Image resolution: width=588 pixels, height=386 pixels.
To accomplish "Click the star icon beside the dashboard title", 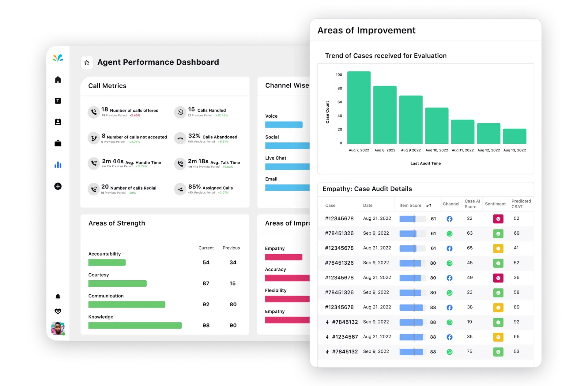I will coord(87,62).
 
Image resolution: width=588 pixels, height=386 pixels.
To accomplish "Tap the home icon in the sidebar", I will coord(58,80).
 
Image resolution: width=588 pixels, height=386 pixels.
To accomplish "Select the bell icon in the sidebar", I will coord(58,297).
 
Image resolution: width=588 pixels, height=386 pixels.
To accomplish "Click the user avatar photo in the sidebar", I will coord(58,328).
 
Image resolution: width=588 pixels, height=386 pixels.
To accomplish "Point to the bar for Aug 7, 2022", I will coord(359,108).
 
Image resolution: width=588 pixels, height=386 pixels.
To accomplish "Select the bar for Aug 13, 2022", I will coord(514,136).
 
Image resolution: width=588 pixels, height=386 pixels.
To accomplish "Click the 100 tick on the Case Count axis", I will coord(339,75).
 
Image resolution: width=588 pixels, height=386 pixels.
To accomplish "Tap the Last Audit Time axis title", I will coord(425,163).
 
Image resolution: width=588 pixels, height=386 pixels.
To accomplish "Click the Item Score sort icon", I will coord(429,205).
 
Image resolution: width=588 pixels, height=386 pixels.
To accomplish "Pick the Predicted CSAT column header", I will coord(521,204).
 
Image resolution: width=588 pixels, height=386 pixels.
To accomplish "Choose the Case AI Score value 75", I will coord(469,351).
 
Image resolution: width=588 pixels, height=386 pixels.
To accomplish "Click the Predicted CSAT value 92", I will coord(516,322).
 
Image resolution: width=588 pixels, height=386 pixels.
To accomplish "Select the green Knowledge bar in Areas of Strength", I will coord(135,325).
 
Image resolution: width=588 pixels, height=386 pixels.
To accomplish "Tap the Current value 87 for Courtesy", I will coord(206,283).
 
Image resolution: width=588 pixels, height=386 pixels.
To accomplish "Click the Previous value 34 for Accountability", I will coord(233,263).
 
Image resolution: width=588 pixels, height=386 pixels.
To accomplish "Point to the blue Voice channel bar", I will coord(284,125).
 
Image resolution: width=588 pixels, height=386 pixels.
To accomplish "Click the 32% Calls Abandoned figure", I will coord(194,136).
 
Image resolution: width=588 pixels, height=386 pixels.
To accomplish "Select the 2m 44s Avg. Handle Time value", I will coord(113,161).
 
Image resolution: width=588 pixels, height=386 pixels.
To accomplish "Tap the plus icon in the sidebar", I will coord(58,186).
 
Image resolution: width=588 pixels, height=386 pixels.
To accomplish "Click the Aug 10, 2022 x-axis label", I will coord(437,150).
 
